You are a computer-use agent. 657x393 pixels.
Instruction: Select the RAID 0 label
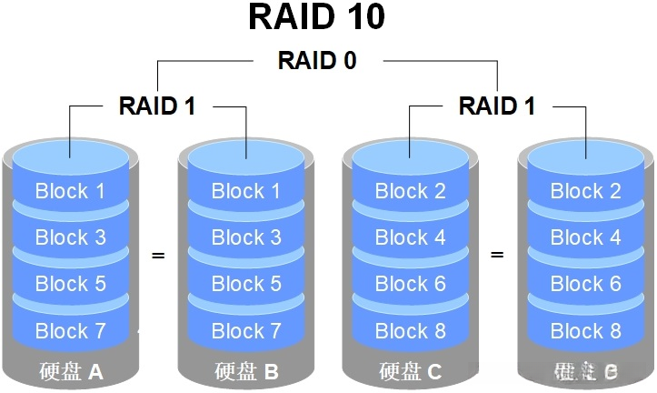click(x=316, y=61)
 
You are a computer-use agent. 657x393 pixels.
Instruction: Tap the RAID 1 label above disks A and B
click(x=157, y=106)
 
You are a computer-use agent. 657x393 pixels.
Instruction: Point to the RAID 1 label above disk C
click(x=497, y=106)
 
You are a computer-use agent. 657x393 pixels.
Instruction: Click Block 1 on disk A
click(x=70, y=191)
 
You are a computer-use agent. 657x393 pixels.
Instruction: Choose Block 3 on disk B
click(x=246, y=237)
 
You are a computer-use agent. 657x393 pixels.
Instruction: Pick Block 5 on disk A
click(x=70, y=284)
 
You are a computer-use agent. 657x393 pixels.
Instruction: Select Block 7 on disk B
click(x=246, y=330)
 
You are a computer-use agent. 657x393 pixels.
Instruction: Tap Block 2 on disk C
click(x=410, y=191)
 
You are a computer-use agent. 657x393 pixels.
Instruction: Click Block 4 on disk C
click(x=410, y=237)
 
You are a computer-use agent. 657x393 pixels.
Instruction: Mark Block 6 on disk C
click(x=410, y=284)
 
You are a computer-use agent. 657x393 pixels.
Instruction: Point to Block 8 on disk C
click(x=410, y=330)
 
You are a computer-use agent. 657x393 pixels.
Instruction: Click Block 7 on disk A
click(x=70, y=330)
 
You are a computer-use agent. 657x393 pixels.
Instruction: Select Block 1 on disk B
click(x=246, y=191)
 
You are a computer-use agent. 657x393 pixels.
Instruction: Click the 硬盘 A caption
click(x=71, y=371)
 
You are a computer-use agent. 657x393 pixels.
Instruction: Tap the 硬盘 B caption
click(x=246, y=371)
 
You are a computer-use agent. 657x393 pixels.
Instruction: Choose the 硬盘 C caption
click(x=410, y=371)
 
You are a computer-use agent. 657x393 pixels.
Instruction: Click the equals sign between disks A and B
click(x=158, y=256)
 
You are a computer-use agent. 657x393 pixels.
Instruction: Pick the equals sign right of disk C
click(x=497, y=256)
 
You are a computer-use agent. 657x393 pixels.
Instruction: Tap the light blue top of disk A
click(x=70, y=158)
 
